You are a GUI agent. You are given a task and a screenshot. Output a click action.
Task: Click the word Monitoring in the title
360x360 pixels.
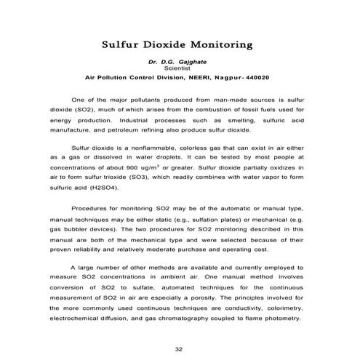coord(217,44)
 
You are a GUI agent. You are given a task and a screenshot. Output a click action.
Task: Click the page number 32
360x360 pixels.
coord(180,338)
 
